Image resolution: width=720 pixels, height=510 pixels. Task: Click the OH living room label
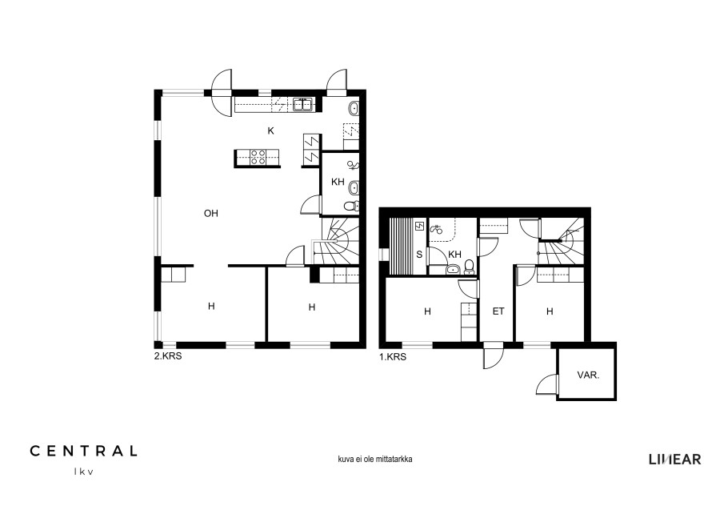tap(210, 213)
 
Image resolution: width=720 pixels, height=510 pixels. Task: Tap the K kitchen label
tap(271, 131)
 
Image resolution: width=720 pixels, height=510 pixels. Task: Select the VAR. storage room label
tap(588, 375)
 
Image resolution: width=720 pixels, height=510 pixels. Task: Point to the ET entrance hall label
tap(498, 311)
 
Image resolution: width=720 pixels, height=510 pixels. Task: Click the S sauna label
tap(419, 254)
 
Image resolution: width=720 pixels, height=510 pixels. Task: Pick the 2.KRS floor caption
tap(168, 356)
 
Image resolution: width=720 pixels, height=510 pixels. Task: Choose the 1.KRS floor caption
tap(393, 357)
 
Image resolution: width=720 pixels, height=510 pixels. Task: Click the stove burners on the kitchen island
tap(258, 158)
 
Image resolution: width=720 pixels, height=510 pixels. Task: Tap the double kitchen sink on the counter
tap(302, 105)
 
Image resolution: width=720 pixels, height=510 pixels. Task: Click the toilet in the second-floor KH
tap(351, 206)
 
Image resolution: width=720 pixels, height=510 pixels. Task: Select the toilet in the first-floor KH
tap(469, 267)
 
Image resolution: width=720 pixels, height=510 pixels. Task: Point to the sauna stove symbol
tap(419, 226)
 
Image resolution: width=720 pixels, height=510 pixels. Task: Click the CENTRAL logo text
tap(83, 451)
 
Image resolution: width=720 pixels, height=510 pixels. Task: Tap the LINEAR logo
tap(674, 459)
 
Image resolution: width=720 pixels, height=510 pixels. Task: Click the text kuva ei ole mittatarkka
tap(374, 459)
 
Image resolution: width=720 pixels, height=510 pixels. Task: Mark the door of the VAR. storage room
tap(547, 384)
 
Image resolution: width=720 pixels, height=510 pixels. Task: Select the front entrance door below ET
tap(494, 355)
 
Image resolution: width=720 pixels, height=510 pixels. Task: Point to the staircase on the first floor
tap(561, 241)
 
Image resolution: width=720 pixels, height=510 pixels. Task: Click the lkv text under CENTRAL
tap(83, 472)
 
